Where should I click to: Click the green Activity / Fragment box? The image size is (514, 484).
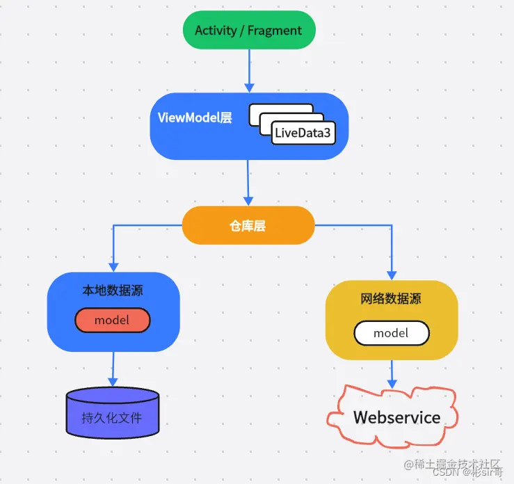click(x=248, y=30)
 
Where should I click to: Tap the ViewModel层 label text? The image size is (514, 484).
click(x=195, y=118)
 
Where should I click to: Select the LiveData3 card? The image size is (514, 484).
click(x=303, y=133)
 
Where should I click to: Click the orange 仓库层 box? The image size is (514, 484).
click(x=248, y=225)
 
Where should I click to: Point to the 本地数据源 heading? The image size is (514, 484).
click(x=113, y=290)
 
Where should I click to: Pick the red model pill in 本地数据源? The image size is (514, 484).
click(x=113, y=320)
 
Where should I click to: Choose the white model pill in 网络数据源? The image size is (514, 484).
click(x=391, y=333)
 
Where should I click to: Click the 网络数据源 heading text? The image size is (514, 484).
click(x=391, y=299)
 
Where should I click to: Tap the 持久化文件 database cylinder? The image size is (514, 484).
click(x=112, y=417)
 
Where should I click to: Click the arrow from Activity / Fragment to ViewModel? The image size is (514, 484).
click(x=248, y=70)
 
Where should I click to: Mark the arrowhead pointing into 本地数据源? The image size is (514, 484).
click(x=113, y=266)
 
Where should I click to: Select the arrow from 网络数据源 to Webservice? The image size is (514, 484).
click(x=392, y=373)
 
